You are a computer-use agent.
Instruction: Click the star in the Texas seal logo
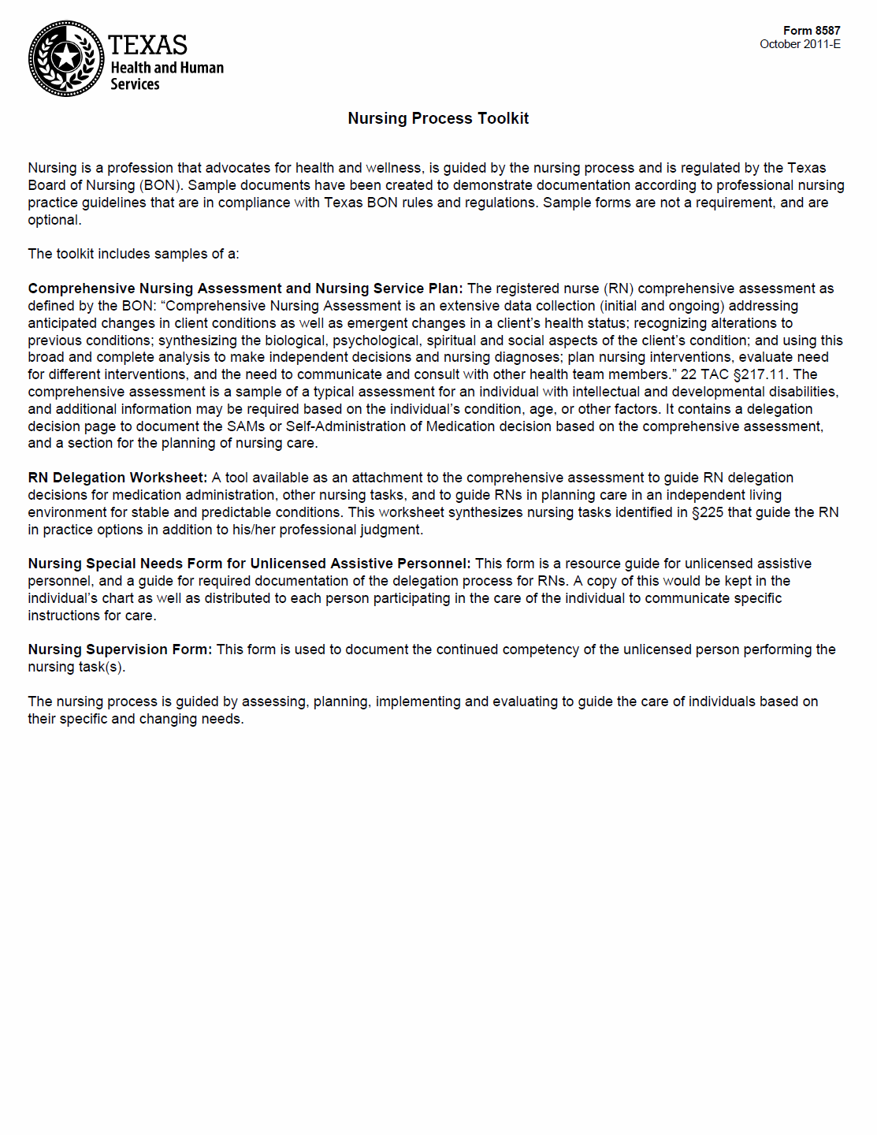[66, 58]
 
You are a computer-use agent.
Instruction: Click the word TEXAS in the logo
[147, 45]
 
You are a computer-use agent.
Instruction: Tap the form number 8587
[827, 31]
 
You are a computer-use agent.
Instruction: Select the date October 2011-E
[800, 44]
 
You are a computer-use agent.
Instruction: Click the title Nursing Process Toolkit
[438, 118]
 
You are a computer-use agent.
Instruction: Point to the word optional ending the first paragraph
[54, 220]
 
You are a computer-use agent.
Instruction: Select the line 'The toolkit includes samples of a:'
[133, 254]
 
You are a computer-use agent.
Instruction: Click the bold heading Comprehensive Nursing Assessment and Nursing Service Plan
[245, 288]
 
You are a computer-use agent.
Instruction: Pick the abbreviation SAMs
[246, 426]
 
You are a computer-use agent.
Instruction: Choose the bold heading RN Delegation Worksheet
[117, 478]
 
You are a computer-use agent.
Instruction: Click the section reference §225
[707, 512]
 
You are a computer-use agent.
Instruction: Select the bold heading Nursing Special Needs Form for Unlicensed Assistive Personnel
[249, 564]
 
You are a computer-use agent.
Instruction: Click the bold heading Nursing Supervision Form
[120, 649]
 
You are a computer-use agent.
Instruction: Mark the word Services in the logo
[135, 84]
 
